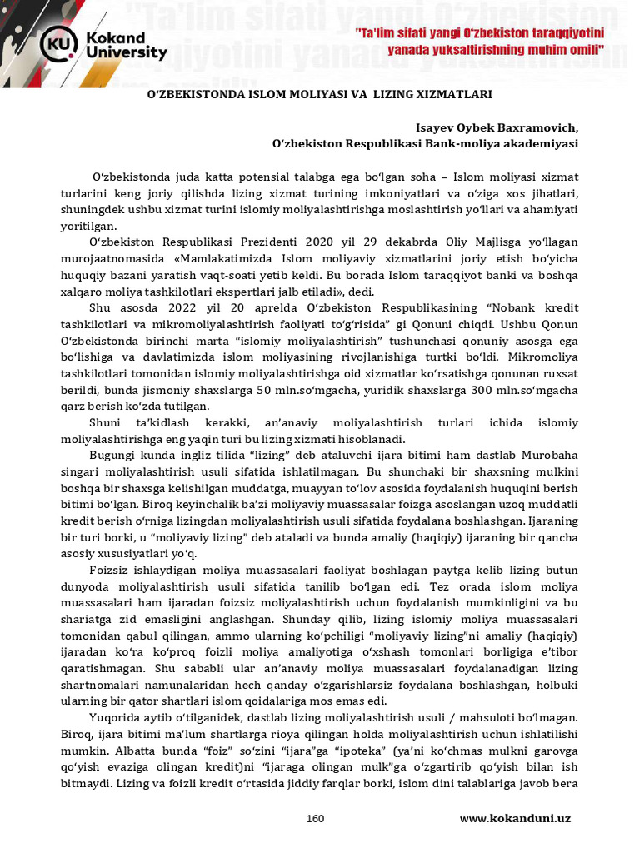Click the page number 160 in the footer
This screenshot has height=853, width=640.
point(315,818)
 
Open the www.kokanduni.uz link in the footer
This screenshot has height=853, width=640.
point(515,818)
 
